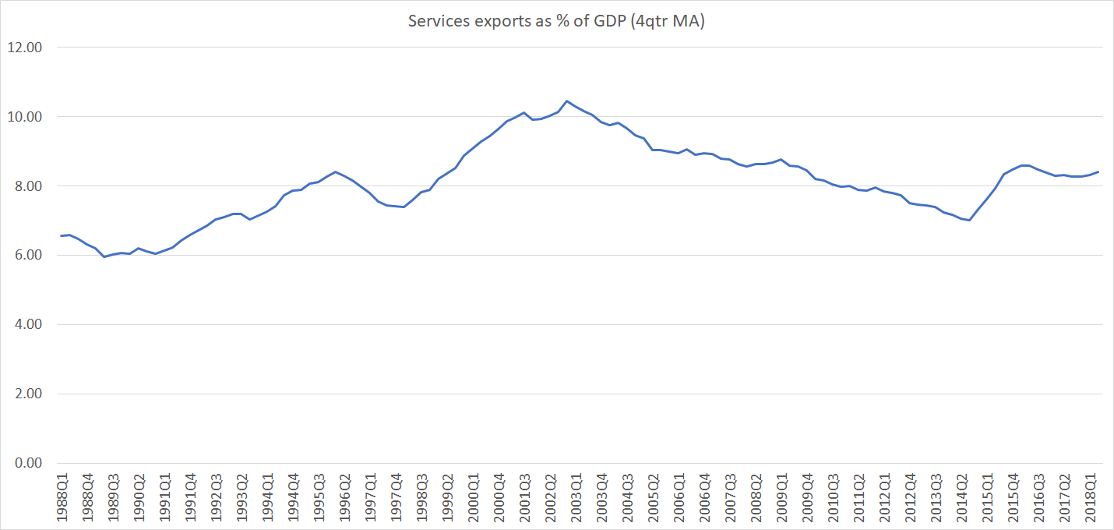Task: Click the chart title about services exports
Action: click(556, 22)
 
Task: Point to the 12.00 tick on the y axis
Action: click(25, 48)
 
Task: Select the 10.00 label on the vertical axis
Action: click(25, 117)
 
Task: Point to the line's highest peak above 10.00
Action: click(566, 101)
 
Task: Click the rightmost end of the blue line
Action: click(1098, 171)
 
